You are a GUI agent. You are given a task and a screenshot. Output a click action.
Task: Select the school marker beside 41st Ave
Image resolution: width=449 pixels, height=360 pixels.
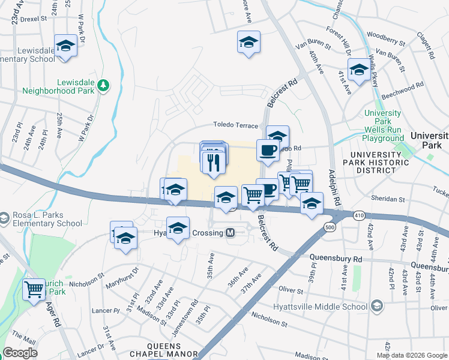(359, 70)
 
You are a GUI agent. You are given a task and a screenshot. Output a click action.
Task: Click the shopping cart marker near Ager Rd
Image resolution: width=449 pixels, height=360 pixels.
(34, 289)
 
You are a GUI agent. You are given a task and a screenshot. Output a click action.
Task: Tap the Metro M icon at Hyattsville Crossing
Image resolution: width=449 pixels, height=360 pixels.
(230, 233)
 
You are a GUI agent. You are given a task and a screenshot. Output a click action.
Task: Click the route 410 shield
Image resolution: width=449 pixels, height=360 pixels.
(358, 215)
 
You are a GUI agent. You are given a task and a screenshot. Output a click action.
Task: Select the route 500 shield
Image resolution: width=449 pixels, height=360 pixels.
(329, 227)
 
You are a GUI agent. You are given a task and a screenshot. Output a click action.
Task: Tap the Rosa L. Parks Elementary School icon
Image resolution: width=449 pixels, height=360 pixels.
(4, 216)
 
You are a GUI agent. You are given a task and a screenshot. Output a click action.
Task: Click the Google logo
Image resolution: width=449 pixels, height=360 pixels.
(20, 353)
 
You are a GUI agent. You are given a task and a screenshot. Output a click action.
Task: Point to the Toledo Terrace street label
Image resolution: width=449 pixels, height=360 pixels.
(236, 125)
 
